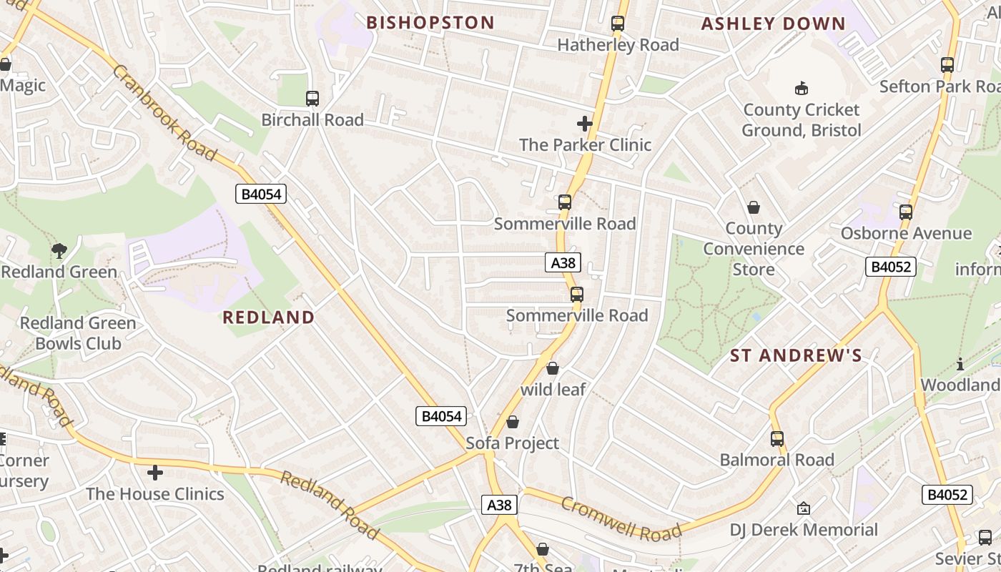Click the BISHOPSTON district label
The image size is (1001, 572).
[x=430, y=23]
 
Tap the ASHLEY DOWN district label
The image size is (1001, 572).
[x=774, y=24]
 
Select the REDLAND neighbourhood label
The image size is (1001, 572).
[x=269, y=317]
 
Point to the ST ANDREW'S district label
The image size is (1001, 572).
[x=796, y=355]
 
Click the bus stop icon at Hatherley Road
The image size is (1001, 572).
[x=618, y=24]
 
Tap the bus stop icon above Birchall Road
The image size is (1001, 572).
[x=312, y=99]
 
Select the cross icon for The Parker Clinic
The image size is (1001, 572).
[x=585, y=124]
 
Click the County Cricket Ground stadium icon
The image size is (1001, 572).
[x=802, y=89]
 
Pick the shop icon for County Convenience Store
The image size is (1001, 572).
[x=754, y=207]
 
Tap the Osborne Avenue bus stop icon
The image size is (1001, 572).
[x=906, y=212]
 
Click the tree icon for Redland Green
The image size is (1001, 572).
[x=59, y=250]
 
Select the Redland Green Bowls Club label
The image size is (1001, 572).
[x=78, y=333]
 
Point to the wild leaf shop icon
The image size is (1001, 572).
[x=553, y=368]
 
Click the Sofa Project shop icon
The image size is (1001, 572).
[x=513, y=422]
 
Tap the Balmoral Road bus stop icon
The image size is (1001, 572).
[x=777, y=438]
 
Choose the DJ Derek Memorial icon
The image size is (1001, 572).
[x=803, y=508]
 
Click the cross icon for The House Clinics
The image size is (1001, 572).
[x=155, y=473]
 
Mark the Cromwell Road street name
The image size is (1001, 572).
[x=621, y=520]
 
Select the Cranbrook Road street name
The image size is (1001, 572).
[x=164, y=113]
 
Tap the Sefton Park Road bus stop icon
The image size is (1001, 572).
[x=947, y=65]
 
